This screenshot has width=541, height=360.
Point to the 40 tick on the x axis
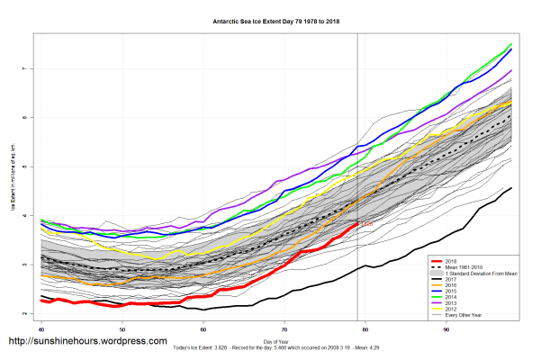pyautogui.click(x=41, y=332)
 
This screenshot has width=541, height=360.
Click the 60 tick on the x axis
pyautogui.click(x=203, y=332)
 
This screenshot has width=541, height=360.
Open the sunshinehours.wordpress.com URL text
pyautogui.click(x=87, y=342)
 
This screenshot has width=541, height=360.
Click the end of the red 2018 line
pyautogui.click(x=357, y=223)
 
